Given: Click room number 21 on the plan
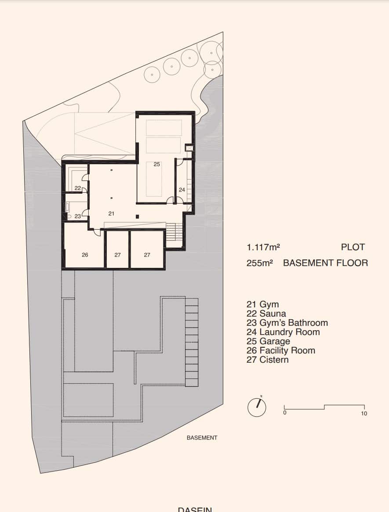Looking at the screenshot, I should tap(111, 213).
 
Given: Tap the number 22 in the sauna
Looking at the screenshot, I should tap(77, 188).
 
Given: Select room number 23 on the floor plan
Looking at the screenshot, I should tap(77, 216).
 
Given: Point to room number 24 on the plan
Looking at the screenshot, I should tap(182, 190).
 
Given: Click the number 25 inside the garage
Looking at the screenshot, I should tap(157, 164).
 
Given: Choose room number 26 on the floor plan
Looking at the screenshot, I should tap(85, 255).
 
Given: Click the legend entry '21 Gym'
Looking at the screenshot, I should tap(262, 304).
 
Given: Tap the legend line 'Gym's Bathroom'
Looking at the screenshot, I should tap(287, 323).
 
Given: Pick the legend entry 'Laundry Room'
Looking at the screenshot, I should tap(283, 332).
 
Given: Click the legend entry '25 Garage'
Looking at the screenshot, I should tap(268, 341).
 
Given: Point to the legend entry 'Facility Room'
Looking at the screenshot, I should tap(281, 350).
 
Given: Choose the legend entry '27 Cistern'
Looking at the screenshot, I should tap(267, 360).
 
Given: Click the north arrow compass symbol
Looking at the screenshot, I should tap(257, 407).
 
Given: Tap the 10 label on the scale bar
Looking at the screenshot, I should tap(364, 414).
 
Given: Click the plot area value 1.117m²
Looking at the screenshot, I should tap(263, 247).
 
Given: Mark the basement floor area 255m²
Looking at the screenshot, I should tap(260, 263).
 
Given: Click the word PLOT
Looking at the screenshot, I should tap(353, 247).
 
